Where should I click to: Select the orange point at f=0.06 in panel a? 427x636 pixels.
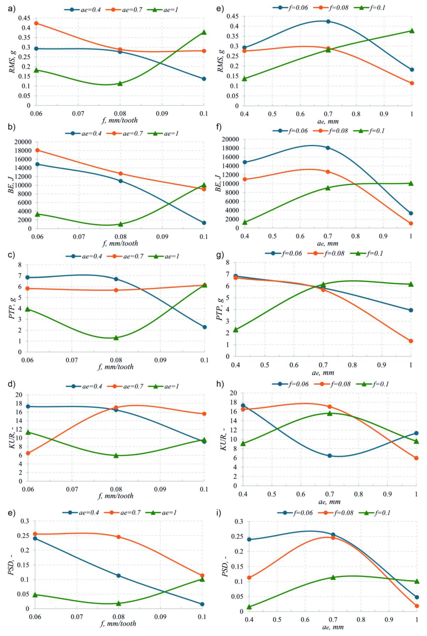tap(36, 23)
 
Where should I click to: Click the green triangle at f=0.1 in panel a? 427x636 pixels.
tap(204, 32)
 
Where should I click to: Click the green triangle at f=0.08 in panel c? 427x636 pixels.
tap(116, 338)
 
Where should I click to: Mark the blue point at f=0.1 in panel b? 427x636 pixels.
tap(204, 223)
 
